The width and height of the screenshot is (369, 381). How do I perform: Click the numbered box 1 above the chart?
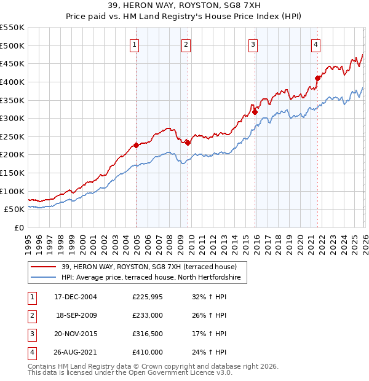click(x=134, y=44)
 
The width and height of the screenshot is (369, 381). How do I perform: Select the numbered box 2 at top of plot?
click(x=186, y=44)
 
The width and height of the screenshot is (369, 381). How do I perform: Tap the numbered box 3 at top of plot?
click(x=253, y=44)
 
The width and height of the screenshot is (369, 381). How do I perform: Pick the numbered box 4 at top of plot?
click(x=315, y=44)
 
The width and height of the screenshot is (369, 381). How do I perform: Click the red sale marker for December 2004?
click(x=136, y=146)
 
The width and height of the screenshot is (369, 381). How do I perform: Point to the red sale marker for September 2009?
click(x=188, y=143)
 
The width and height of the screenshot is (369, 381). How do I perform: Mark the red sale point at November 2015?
click(x=255, y=112)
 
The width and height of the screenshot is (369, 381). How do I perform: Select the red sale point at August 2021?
click(x=317, y=78)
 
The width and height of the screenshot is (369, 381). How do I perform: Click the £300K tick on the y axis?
click(x=12, y=118)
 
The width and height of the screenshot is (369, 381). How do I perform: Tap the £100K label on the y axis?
click(x=12, y=191)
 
